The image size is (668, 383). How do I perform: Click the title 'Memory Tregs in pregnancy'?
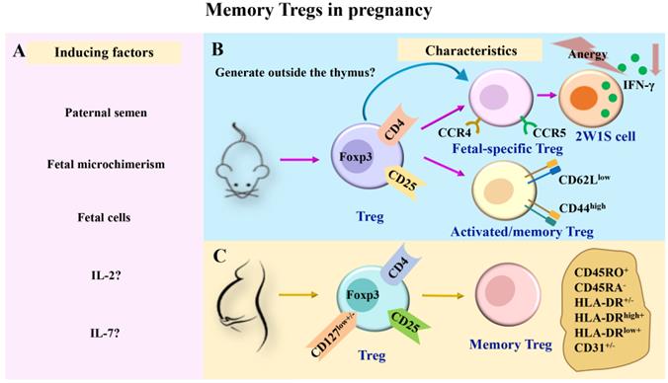point(333,13)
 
